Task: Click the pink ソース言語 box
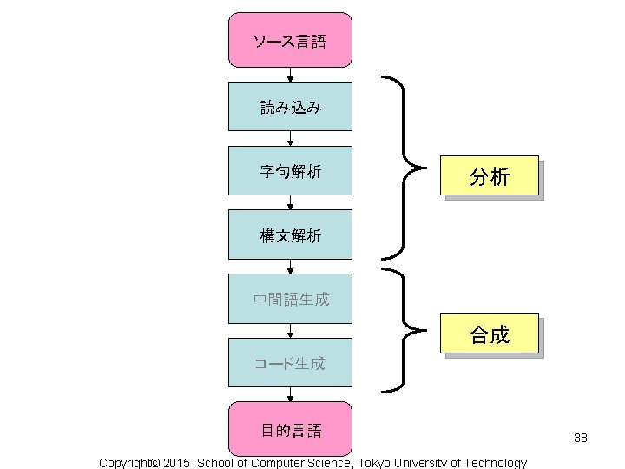tap(290, 41)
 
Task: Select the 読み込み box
tap(290, 107)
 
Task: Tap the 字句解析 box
tap(290, 171)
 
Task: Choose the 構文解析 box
tap(290, 234)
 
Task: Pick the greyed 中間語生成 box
tap(290, 299)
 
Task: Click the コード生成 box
tap(290, 363)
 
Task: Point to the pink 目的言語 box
tap(290, 429)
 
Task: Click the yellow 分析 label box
tap(490, 178)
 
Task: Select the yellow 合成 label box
tap(490, 334)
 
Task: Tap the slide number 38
tap(581, 438)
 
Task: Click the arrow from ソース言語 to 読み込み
tap(291, 75)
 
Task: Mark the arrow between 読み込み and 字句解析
tap(291, 139)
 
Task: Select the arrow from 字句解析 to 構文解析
tap(291, 203)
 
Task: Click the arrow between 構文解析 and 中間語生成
tap(291, 267)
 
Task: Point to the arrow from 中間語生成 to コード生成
tap(291, 331)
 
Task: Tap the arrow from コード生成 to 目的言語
tap(291, 395)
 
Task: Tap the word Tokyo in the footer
tap(376, 463)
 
